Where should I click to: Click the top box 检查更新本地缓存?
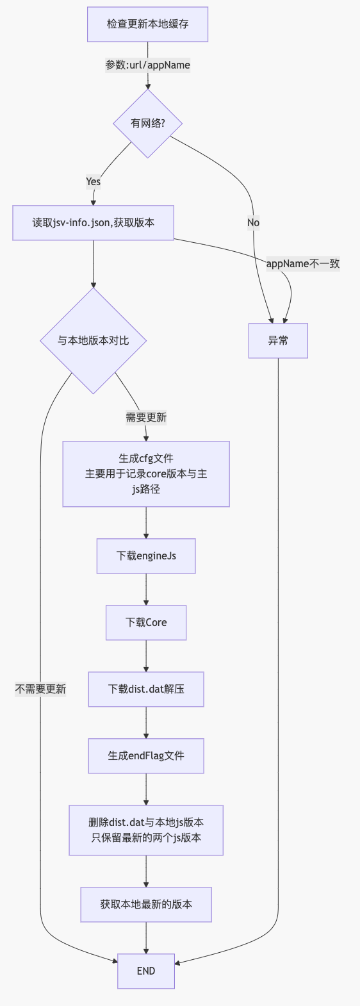pyautogui.click(x=147, y=24)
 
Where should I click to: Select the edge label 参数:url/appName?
pyautogui.click(x=147, y=65)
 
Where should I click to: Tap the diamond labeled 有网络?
pyautogui.click(x=147, y=123)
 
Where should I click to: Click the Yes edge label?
pyautogui.click(x=93, y=181)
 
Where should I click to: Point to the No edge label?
pyautogui.click(x=253, y=222)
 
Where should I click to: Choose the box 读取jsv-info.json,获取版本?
pyautogui.click(x=94, y=223)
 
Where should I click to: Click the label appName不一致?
pyautogui.click(x=302, y=263)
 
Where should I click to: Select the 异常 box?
pyautogui.click(x=278, y=340)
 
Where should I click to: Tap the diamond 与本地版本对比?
pyautogui.click(x=94, y=340)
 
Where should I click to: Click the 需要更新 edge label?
pyautogui.click(x=146, y=417)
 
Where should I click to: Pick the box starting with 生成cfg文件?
pyautogui.click(x=146, y=474)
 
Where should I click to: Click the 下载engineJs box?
pyautogui.click(x=146, y=556)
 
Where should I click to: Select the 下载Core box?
pyautogui.click(x=146, y=622)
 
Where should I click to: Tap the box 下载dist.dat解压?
pyautogui.click(x=146, y=689)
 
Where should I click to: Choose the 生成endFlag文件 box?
pyautogui.click(x=146, y=755)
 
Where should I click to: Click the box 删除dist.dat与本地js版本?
pyautogui.click(x=146, y=830)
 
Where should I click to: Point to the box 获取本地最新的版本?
pyautogui.click(x=146, y=904)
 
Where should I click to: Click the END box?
pyautogui.click(x=146, y=971)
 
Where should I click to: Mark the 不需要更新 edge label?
pyautogui.click(x=40, y=689)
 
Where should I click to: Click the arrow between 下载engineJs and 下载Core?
pyautogui.click(x=146, y=590)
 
